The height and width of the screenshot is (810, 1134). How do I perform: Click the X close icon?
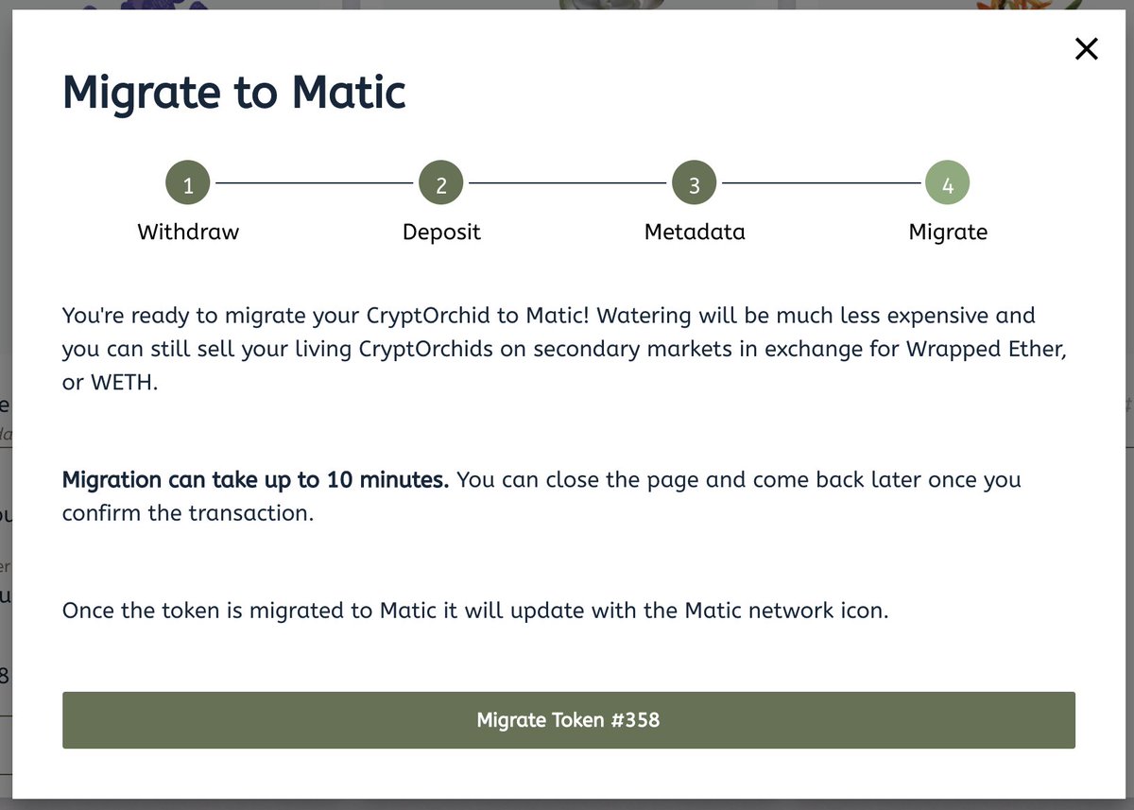pos(1087,49)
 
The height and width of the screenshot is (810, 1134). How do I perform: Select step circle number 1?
pos(188,184)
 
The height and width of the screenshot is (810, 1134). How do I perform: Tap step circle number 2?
pos(441,184)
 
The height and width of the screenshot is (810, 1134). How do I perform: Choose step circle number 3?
pos(695,184)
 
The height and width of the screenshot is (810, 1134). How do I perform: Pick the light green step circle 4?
pos(948,184)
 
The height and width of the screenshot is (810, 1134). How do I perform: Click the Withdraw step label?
pos(188,232)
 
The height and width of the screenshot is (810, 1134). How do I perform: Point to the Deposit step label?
pos(441,232)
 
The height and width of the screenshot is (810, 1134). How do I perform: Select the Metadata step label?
pos(695,232)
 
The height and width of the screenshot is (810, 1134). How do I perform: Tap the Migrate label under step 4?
pos(948,232)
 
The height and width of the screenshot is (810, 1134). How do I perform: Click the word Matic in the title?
pos(349,93)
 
